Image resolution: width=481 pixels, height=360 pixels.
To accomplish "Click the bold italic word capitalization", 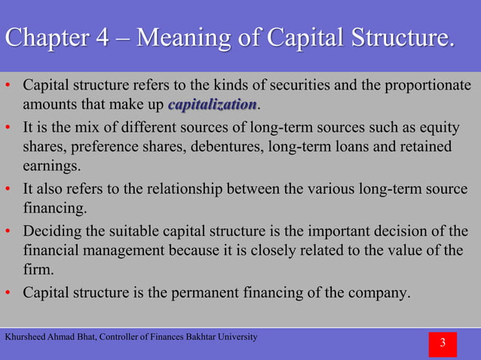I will (x=213, y=103).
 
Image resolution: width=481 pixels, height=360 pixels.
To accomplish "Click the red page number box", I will (x=443, y=344).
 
